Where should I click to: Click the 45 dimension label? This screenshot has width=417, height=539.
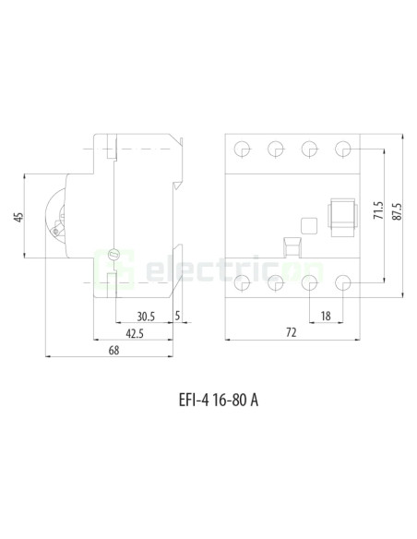pyautogui.click(x=18, y=218)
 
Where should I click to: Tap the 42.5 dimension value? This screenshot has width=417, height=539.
pyautogui.click(x=135, y=332)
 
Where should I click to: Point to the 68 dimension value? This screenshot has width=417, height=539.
pyautogui.click(x=113, y=350)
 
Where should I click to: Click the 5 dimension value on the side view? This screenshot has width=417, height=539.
pyautogui.click(x=177, y=314)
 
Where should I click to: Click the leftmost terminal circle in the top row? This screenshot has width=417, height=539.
pyautogui.click(x=244, y=149)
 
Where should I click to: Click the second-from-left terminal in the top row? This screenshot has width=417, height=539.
pyautogui.click(x=277, y=149)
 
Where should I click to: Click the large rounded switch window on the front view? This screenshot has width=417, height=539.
pyautogui.click(x=342, y=215)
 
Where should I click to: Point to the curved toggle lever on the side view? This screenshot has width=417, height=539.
pyautogui.click(x=55, y=217)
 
